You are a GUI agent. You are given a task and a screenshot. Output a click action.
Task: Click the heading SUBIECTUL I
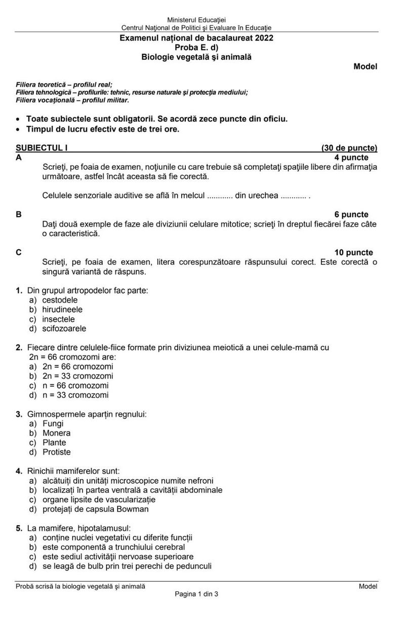click(x=42, y=148)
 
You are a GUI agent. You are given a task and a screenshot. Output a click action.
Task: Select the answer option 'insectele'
click(x=58, y=319)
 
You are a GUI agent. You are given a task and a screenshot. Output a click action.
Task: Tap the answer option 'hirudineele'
click(x=62, y=309)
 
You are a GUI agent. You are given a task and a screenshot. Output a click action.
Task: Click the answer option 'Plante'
click(x=54, y=443)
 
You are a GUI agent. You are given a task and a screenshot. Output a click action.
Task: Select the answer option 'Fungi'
click(x=53, y=423)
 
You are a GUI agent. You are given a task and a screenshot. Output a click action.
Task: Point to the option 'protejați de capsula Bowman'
click(x=95, y=509)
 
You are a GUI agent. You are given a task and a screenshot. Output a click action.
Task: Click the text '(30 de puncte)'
click(x=349, y=148)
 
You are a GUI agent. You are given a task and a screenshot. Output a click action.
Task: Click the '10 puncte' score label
click(x=353, y=253)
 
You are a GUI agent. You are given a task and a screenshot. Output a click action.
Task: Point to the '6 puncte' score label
click(x=351, y=215)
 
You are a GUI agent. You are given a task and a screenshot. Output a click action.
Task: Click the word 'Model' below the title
click(x=365, y=67)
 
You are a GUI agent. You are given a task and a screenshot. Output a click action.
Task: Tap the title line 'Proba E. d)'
click(x=196, y=48)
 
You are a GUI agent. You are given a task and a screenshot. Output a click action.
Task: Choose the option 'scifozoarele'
click(x=64, y=329)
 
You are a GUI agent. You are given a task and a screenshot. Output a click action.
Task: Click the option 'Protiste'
click(x=57, y=452)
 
